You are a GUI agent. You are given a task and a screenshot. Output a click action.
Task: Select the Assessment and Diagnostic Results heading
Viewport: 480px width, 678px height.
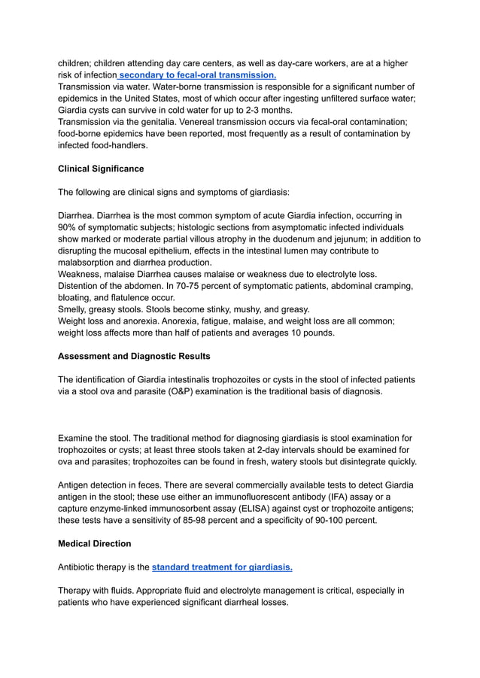[134, 356]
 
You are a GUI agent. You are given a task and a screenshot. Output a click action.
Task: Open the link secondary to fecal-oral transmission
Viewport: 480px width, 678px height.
[197, 75]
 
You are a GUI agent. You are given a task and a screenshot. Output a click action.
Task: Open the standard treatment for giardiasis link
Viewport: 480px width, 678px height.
[222, 567]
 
